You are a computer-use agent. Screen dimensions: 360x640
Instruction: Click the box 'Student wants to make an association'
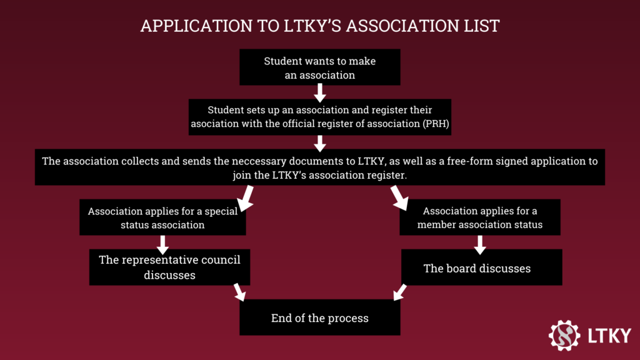tap(319, 68)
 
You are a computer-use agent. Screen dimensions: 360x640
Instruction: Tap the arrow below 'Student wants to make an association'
tap(320, 92)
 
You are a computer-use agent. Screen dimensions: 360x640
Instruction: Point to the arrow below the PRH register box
tap(320, 143)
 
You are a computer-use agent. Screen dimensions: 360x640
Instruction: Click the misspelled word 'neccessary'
tap(262, 161)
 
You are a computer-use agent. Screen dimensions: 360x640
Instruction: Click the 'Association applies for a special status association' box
tap(162, 217)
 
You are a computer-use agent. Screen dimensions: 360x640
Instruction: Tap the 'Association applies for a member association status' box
tap(480, 217)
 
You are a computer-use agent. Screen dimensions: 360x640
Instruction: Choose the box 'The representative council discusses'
tap(169, 267)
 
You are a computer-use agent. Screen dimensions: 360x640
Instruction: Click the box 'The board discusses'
tap(481, 268)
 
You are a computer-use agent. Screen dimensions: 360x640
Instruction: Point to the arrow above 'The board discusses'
tap(480, 244)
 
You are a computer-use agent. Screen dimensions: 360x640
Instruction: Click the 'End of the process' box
tap(320, 318)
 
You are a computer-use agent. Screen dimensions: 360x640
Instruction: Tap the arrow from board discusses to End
tap(399, 292)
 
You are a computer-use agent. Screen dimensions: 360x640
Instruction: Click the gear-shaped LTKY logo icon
tap(564, 335)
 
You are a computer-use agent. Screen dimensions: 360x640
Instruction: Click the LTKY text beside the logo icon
tap(609, 336)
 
